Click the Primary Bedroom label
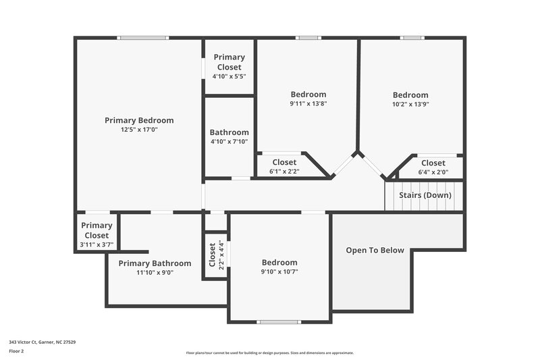(139, 120)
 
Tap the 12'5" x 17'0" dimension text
(139, 130)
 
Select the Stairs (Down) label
(425, 195)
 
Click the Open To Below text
(375, 250)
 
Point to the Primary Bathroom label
(155, 263)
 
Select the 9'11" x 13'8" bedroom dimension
(308, 104)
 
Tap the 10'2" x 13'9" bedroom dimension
(410, 105)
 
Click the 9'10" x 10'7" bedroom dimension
(279, 272)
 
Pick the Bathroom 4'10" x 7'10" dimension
(229, 142)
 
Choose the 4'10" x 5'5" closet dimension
(229, 76)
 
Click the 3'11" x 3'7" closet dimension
(97, 245)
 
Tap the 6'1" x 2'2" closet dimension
(284, 172)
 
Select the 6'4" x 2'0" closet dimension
(433, 172)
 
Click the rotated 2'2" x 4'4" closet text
(221, 256)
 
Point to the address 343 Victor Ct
(42, 342)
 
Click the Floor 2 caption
(16, 351)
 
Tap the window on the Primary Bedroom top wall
(143, 38)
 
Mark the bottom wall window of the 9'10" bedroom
(278, 322)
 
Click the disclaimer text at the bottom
(270, 353)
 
